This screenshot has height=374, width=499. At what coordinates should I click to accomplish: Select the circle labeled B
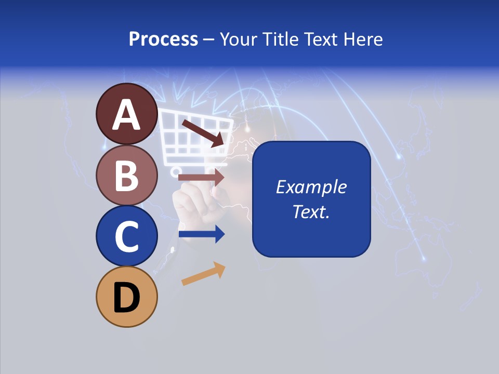tap(126, 175)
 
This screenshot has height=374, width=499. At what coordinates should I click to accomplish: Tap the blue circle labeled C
tap(126, 236)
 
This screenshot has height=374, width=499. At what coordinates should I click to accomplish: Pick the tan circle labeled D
tap(126, 297)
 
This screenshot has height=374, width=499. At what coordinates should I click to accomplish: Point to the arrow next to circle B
tap(201, 177)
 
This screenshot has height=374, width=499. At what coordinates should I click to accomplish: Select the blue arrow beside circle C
tap(201, 234)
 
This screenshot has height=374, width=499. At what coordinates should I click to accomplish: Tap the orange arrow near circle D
tap(203, 274)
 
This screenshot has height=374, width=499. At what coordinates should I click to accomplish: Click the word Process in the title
tap(163, 39)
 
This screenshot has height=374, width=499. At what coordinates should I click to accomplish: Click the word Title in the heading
tap(281, 39)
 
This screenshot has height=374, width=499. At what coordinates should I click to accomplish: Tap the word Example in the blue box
tap(311, 187)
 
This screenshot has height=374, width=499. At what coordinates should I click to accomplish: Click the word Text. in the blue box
tap(311, 211)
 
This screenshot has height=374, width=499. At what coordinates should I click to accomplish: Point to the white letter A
tap(126, 115)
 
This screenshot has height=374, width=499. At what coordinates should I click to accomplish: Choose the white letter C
tap(126, 237)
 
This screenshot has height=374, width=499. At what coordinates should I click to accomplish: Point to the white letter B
tap(126, 176)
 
